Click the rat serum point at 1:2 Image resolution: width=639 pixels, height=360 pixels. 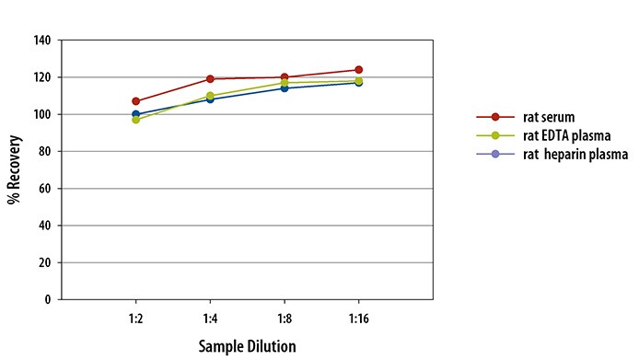(135, 101)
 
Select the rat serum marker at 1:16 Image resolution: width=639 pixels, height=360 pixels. (358, 70)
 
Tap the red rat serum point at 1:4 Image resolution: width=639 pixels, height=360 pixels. (210, 78)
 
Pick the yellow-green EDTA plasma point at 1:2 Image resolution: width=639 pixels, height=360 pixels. (135, 120)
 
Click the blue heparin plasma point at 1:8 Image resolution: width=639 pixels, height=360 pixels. (285, 88)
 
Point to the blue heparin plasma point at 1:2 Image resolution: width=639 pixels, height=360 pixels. (135, 114)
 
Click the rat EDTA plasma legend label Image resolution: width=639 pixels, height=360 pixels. (567, 135)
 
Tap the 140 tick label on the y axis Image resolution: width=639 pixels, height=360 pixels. (42, 41)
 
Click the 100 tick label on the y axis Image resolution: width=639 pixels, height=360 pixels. (42, 114)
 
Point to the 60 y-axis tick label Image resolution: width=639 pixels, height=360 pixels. (45, 189)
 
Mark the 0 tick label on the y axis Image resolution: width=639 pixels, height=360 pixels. (48, 299)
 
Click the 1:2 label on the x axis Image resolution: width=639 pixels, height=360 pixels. (135, 319)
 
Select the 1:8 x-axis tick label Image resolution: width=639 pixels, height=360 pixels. (285, 319)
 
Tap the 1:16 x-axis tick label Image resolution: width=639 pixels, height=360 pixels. (358, 319)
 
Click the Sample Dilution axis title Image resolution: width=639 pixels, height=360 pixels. (247, 346)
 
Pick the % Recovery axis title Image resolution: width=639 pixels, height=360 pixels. (14, 169)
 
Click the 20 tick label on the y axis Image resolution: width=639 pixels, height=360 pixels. (45, 263)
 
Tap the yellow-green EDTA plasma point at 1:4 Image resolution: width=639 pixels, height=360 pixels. (210, 97)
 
